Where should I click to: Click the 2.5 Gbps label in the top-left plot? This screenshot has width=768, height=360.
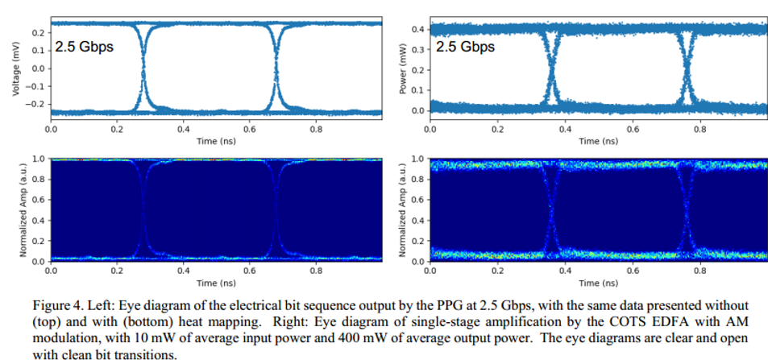point(84,48)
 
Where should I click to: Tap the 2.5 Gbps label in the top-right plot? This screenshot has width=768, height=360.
point(465,48)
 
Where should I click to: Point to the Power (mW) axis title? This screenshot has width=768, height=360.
point(403,69)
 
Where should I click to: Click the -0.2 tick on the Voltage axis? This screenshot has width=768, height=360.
point(38,105)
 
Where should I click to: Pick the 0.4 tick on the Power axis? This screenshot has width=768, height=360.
point(421,30)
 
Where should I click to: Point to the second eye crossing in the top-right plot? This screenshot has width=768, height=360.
point(687,69)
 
